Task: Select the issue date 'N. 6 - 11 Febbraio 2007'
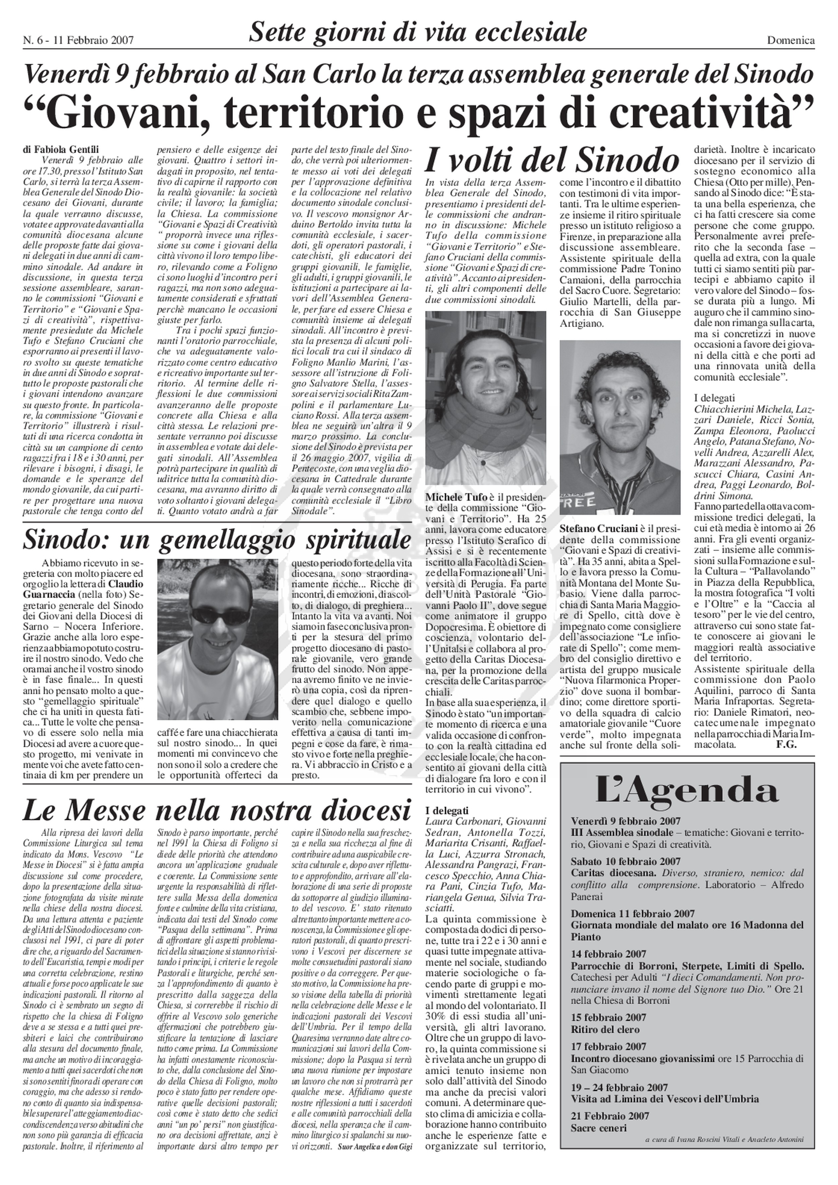(x=78, y=40)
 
